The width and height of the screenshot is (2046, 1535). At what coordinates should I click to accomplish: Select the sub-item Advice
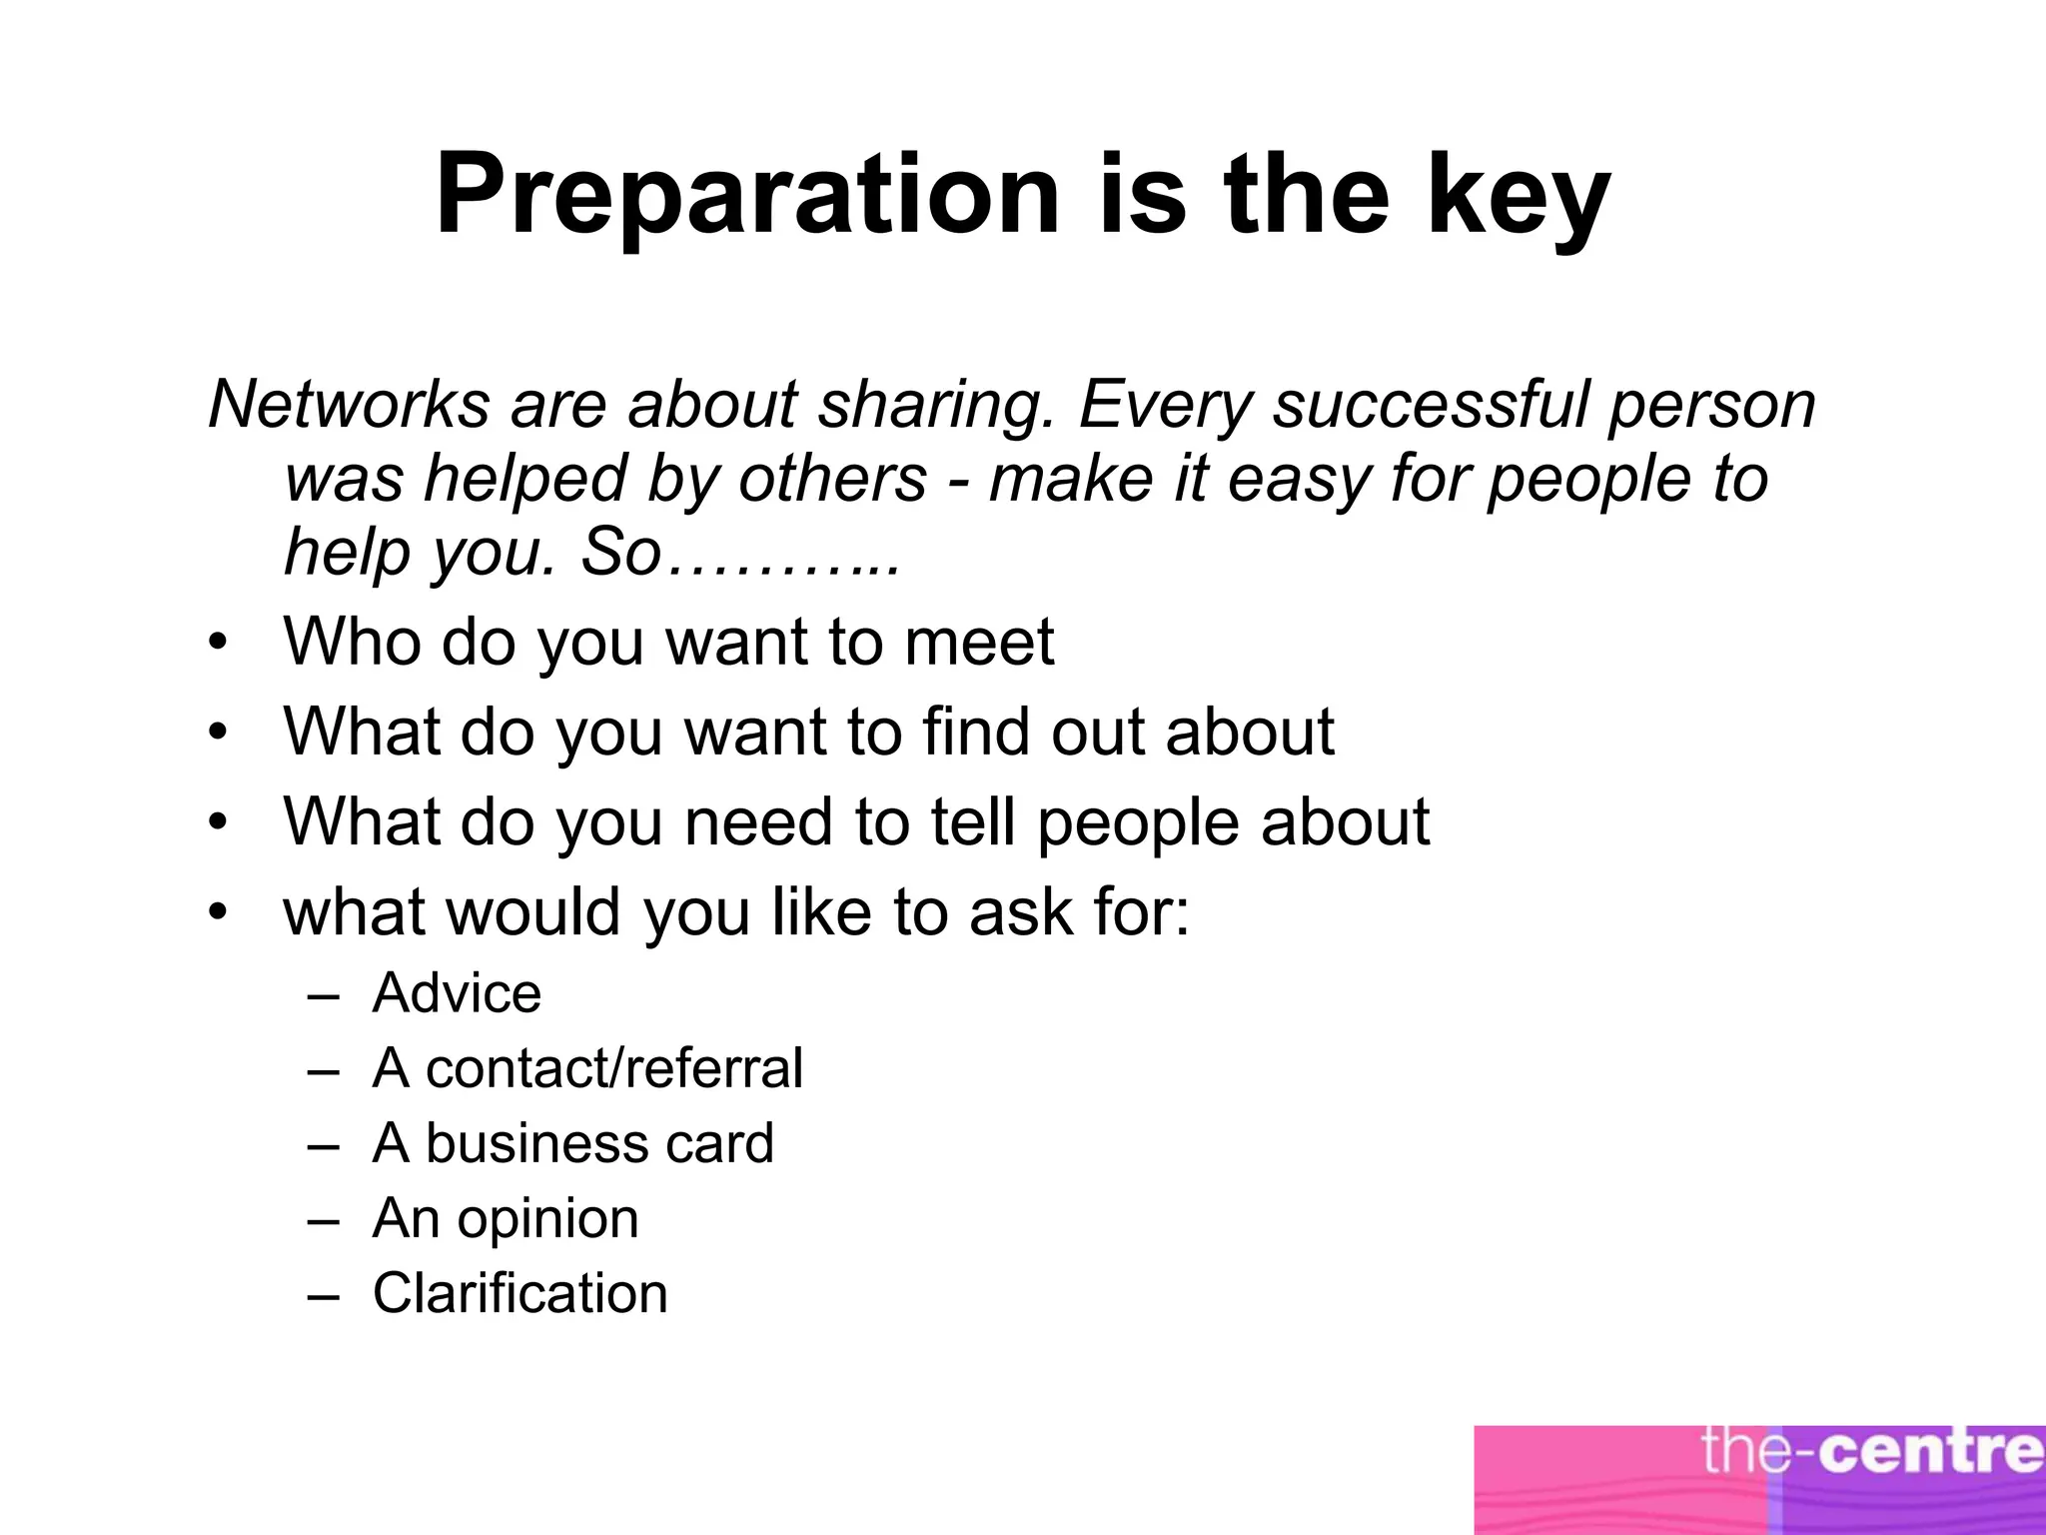tap(457, 993)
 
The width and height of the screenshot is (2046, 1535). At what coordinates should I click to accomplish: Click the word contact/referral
tap(614, 1067)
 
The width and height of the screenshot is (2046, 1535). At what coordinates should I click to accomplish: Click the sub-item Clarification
tap(519, 1293)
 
